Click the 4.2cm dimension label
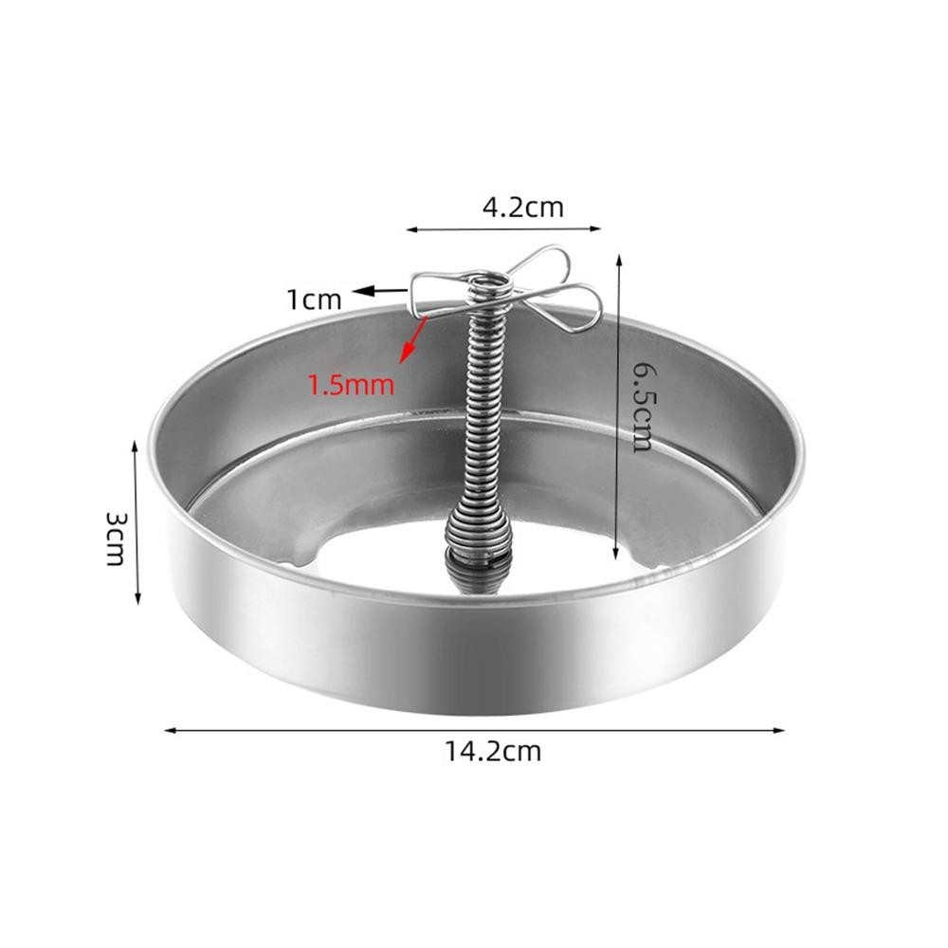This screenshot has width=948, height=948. (522, 208)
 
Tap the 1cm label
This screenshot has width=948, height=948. (315, 300)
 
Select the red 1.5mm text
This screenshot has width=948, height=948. (352, 385)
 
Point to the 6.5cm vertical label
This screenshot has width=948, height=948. (642, 408)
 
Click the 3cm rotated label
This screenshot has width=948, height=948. (115, 538)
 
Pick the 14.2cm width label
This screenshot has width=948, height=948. (493, 752)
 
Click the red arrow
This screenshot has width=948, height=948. (413, 339)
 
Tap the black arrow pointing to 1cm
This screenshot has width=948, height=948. (380, 291)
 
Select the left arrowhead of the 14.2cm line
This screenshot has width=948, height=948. (170, 730)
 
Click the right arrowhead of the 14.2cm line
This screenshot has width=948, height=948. (778, 730)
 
